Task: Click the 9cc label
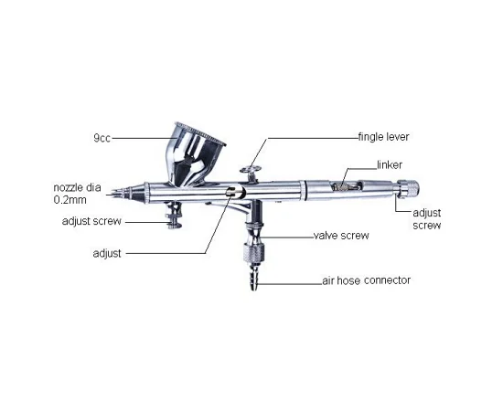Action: point(102,138)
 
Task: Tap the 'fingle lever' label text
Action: point(384,137)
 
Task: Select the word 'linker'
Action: point(390,164)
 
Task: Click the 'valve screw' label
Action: point(341,236)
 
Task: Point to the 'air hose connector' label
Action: point(367,280)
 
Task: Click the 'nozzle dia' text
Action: point(77,187)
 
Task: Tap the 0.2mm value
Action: point(70,200)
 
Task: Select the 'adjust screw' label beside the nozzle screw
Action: point(91,221)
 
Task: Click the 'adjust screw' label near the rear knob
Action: point(427,219)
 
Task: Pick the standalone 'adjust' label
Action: point(107,253)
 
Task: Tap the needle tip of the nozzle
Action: point(112,194)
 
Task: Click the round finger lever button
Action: point(251,169)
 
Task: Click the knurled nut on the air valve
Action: point(253,252)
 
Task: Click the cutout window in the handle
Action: point(347,185)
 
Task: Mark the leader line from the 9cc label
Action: point(144,138)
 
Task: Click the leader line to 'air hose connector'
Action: point(290,284)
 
